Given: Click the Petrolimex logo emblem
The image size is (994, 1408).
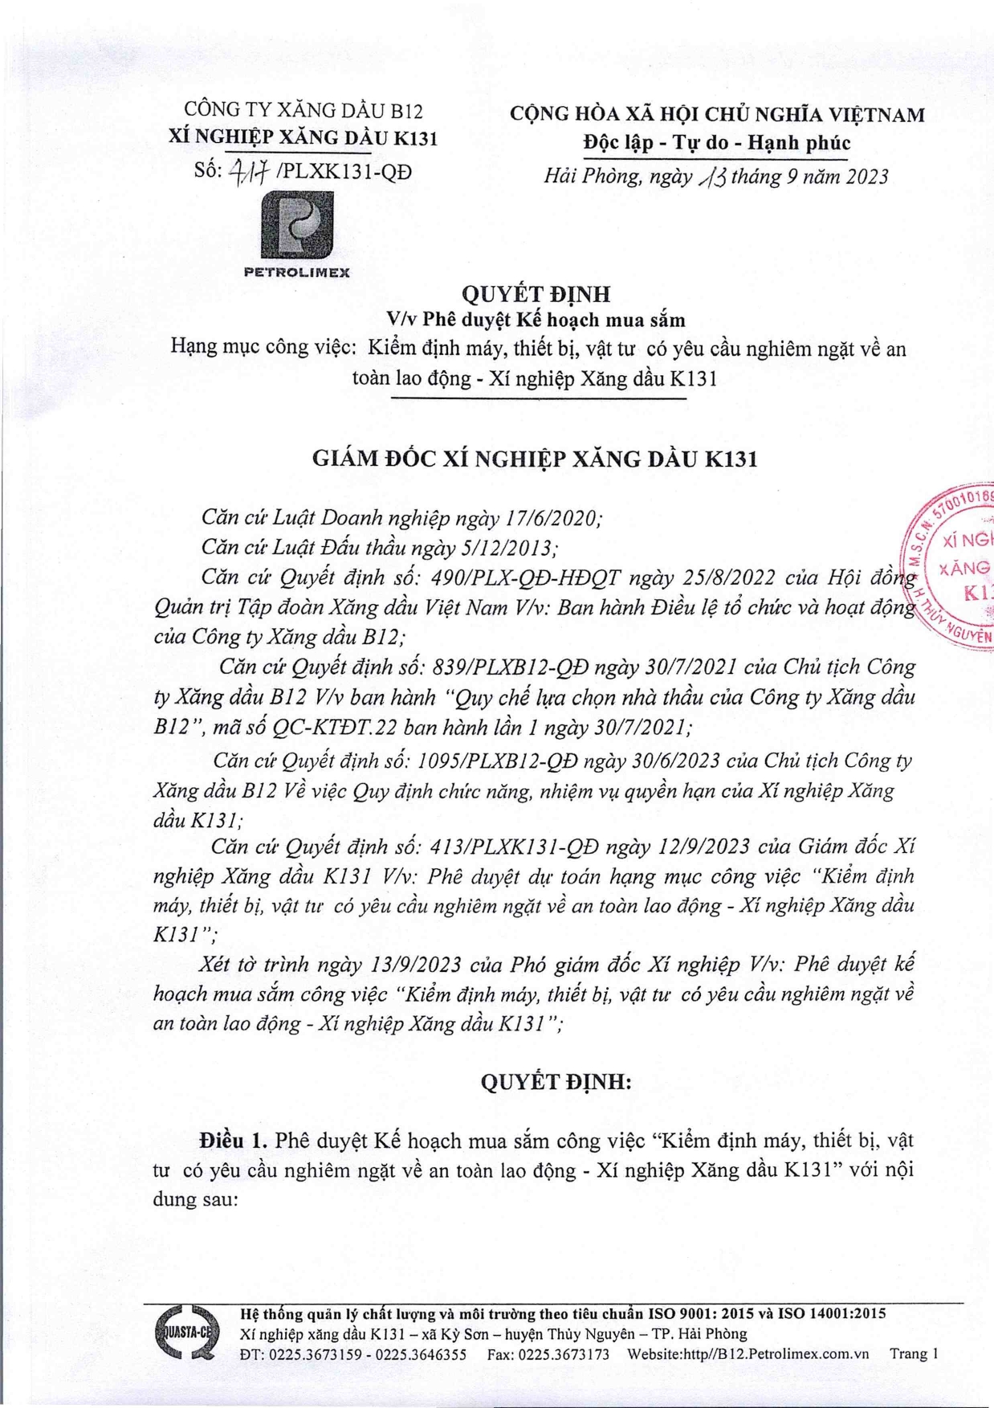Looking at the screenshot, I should pos(297,224).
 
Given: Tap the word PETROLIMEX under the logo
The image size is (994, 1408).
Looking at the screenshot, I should pos(297,272).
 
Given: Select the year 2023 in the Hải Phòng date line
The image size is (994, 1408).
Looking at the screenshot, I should pos(862,177).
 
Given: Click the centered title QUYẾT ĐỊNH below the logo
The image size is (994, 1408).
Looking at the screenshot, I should pos(536,294).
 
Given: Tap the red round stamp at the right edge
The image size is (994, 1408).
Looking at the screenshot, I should pos(955,567).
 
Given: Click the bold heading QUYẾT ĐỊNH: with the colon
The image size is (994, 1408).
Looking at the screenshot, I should pos(556,1082).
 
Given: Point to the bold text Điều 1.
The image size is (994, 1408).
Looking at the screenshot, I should pos(234,1141).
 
